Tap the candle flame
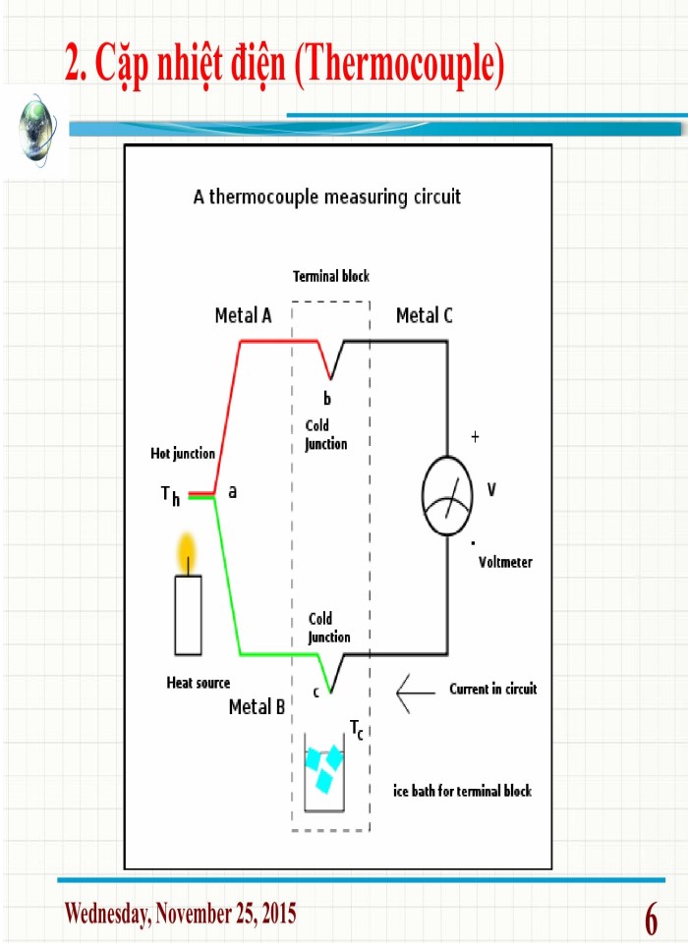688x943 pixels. coord(186,553)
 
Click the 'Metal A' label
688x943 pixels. coord(243,315)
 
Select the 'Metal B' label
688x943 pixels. coord(257,706)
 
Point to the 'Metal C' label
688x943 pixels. coord(425,315)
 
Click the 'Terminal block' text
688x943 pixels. coord(331,277)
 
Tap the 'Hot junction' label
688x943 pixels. coord(183,454)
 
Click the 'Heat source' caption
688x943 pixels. coord(199,683)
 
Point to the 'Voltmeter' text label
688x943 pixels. coord(505,563)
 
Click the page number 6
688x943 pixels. coord(652,920)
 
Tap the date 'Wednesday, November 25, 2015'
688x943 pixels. coord(180,914)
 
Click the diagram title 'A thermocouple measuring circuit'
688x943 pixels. coord(327,196)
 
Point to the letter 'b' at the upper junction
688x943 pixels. coord(328,399)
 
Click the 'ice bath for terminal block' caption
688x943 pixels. coord(462,791)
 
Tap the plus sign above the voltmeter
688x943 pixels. coord(475,437)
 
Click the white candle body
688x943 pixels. coord(188,615)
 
